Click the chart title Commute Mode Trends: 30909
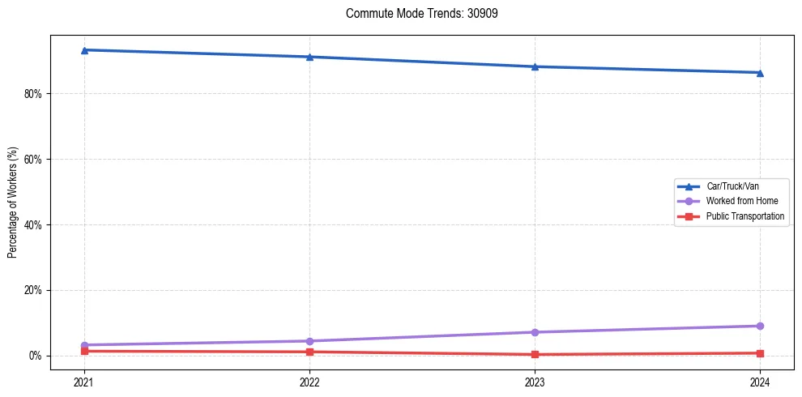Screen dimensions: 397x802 click(416, 14)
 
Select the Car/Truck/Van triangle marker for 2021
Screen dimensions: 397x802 click(84, 50)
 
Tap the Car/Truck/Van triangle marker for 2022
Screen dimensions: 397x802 click(309, 57)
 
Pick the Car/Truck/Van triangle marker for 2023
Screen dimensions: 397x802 click(535, 66)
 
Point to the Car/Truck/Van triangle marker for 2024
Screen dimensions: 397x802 click(760, 73)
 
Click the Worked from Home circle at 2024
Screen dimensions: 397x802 click(760, 326)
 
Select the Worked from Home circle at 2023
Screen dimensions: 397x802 click(535, 332)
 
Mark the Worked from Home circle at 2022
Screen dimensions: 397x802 click(309, 341)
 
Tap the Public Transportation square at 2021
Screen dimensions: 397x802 click(84, 351)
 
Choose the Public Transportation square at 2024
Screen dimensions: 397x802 click(760, 353)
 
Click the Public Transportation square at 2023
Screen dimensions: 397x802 click(535, 354)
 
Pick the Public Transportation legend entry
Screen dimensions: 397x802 click(744, 216)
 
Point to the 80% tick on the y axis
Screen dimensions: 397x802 click(32, 94)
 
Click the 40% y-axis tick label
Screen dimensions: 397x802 click(32, 224)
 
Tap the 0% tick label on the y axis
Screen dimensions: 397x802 click(35, 356)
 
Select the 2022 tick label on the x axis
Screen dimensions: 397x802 click(309, 381)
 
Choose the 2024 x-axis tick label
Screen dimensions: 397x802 click(760, 381)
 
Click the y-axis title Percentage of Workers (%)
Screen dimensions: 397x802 click(13, 203)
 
